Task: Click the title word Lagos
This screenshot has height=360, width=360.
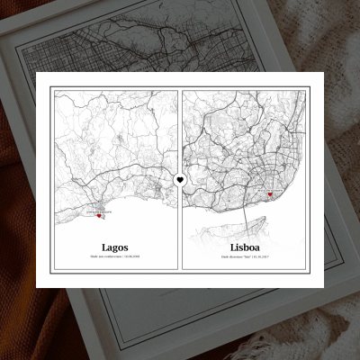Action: coord(114,246)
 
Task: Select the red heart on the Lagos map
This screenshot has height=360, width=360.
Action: coord(99,216)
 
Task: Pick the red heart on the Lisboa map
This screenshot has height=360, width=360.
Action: coord(269,194)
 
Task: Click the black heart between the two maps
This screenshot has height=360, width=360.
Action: coord(180,180)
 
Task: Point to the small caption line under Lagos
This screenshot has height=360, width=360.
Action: coord(115,257)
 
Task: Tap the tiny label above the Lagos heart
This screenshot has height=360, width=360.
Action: coord(97,210)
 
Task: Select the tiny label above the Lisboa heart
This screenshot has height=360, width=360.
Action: coord(268,188)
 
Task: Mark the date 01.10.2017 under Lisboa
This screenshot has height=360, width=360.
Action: coord(260,257)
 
